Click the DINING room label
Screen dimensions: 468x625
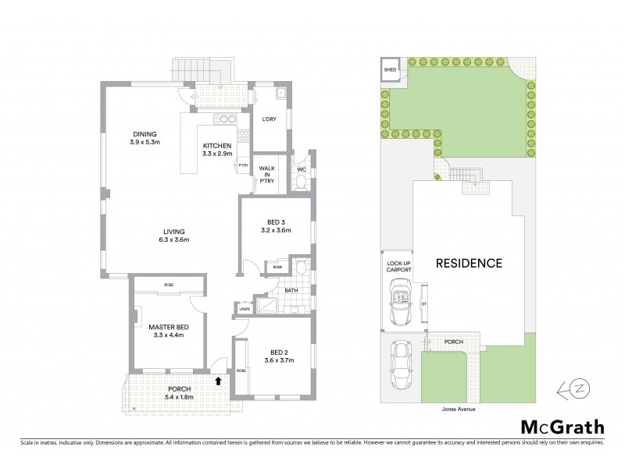(145, 133)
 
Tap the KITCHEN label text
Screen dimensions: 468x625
(216, 146)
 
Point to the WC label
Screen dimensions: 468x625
(301, 169)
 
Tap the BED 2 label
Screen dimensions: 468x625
(273, 350)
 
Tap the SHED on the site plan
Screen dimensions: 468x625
(391, 69)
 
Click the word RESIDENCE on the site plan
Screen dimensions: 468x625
(468, 263)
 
